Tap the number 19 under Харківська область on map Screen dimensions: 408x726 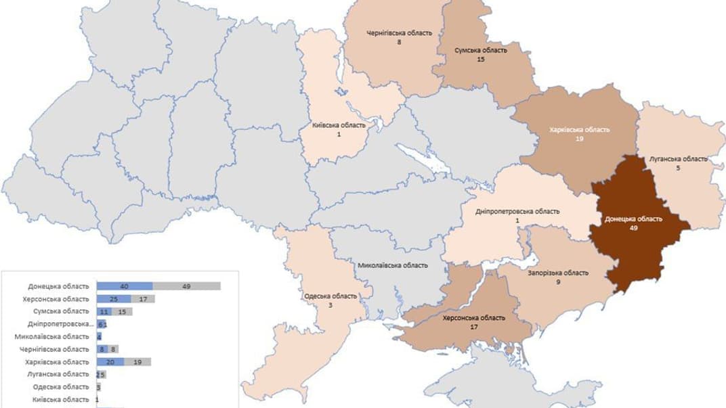tap(580, 139)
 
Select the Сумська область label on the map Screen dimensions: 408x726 tap(480, 51)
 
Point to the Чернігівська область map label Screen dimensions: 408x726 tap(399, 32)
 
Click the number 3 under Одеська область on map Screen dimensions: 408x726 tap(330, 306)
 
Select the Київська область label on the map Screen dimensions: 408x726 tap(339, 125)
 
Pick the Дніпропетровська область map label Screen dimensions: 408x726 tap(518, 211)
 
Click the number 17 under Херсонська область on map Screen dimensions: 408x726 tap(473, 327)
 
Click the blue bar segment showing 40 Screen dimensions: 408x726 tap(125, 286)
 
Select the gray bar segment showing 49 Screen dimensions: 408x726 tap(187, 286)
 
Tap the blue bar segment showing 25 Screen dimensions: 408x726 tap(114, 299)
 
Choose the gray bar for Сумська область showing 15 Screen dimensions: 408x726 tap(122, 311)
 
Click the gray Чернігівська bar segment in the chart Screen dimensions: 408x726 tap(114, 349)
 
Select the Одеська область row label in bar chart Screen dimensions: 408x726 tap(61, 387)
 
